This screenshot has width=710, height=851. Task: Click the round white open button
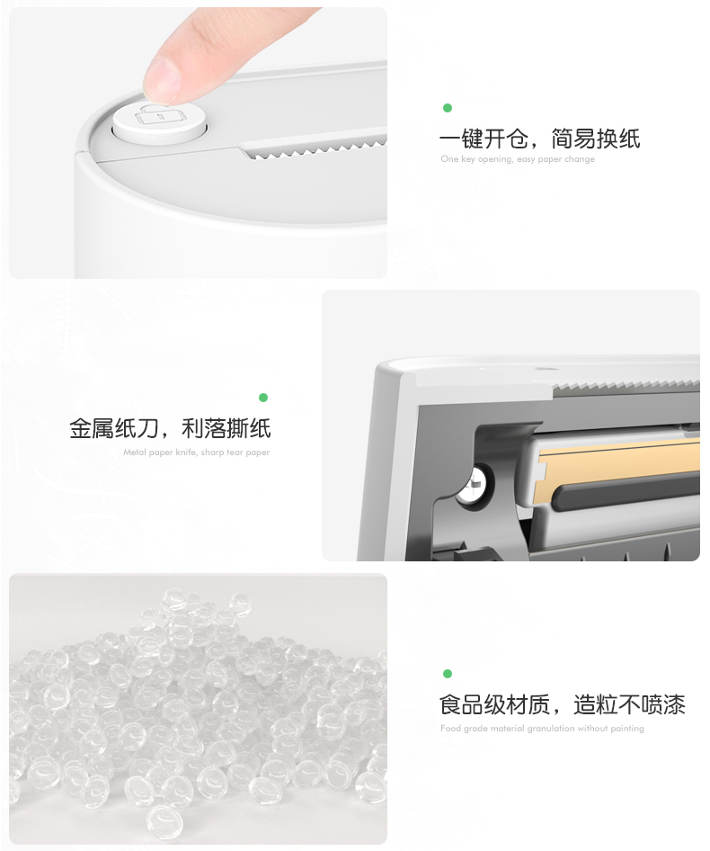point(159,123)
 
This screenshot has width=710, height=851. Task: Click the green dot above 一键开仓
point(448,108)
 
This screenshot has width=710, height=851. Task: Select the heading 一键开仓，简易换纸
point(539,139)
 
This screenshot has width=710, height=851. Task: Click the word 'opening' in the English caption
point(494,159)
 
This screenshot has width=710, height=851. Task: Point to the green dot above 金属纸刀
point(263,398)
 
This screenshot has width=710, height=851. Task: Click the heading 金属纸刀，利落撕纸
point(170,429)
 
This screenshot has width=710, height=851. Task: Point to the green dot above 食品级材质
point(448,674)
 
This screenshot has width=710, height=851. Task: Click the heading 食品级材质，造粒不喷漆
point(563,704)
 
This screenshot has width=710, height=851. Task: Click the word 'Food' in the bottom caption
point(449,729)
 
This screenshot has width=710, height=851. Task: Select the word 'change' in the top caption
point(580,159)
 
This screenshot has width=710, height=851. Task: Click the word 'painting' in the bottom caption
point(627,729)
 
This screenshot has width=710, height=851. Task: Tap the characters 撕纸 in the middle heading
point(248,429)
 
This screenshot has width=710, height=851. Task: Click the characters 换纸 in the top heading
point(618,139)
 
